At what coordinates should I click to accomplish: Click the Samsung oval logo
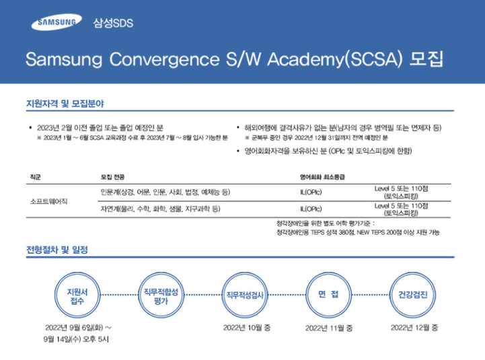click(x=52, y=23)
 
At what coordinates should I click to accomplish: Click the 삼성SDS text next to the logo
click(x=114, y=24)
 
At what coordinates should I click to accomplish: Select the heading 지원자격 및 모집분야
click(x=65, y=104)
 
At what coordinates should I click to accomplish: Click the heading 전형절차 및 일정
click(x=57, y=250)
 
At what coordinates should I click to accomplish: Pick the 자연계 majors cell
click(x=160, y=209)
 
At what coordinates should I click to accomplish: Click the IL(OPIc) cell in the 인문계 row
click(x=311, y=192)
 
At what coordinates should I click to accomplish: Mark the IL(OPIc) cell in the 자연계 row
click(x=311, y=209)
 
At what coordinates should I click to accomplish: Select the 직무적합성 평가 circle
click(x=161, y=296)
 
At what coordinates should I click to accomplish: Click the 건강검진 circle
click(x=412, y=296)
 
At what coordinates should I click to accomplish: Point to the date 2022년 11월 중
click(x=329, y=328)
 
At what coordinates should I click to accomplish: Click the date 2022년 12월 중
click(x=414, y=327)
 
